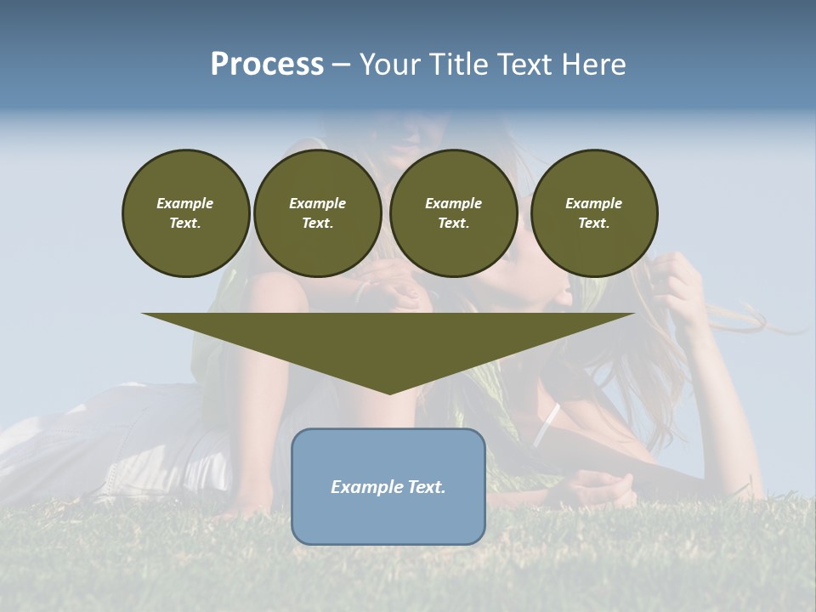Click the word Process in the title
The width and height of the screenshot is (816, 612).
[267, 65]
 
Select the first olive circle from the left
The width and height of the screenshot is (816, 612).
[185, 212]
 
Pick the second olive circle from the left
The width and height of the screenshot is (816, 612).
[317, 212]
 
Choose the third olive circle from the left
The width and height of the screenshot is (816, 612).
[453, 212]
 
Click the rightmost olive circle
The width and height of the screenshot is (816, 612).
[593, 212]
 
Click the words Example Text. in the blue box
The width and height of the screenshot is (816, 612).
[388, 487]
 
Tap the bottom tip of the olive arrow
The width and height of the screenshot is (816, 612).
[389, 392]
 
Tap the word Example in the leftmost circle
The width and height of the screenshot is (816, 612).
[185, 203]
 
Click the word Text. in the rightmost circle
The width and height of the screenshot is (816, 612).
[593, 223]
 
